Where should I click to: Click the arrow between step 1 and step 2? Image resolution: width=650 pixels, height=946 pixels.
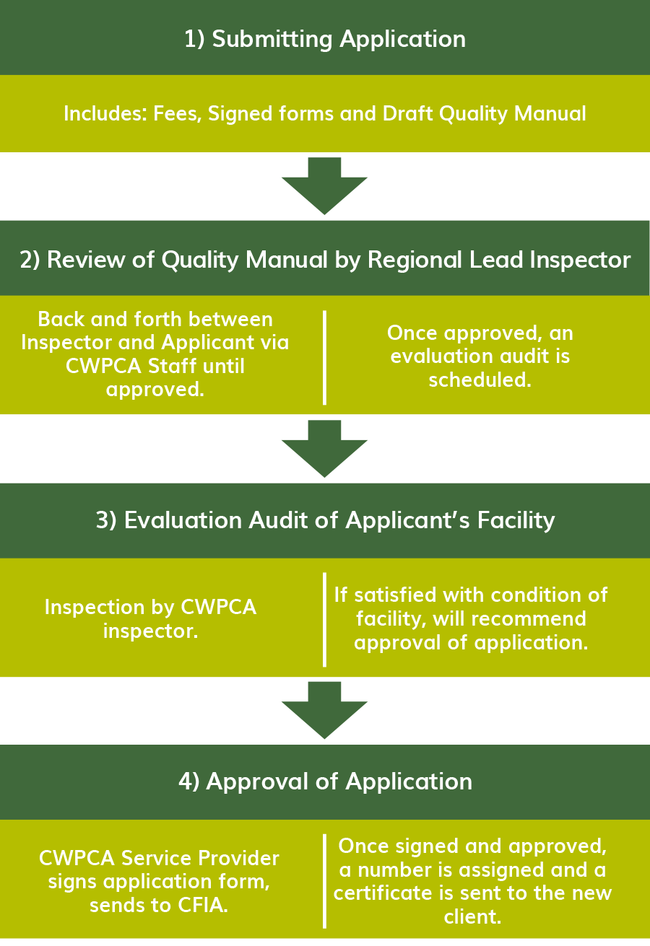pyautogui.click(x=324, y=186)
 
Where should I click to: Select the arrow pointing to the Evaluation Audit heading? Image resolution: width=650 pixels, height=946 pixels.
pyautogui.click(x=324, y=449)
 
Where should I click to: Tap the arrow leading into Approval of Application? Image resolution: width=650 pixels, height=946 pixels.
pyautogui.click(x=324, y=710)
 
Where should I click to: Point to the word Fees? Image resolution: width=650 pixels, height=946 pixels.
pyautogui.click(x=178, y=113)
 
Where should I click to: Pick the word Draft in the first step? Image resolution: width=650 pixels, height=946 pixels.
pyautogui.click(x=408, y=113)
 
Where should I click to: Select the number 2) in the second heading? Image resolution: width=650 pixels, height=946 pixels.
pyautogui.click(x=30, y=260)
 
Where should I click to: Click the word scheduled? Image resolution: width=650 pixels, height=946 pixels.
pyautogui.click(x=480, y=380)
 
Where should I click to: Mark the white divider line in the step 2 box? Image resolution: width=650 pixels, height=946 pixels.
pyautogui.click(x=324, y=358)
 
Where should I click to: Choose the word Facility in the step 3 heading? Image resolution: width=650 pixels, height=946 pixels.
pyautogui.click(x=516, y=520)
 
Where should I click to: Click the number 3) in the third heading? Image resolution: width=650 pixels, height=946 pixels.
pyautogui.click(x=106, y=520)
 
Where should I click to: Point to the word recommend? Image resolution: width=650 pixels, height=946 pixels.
pyautogui.click(x=528, y=618)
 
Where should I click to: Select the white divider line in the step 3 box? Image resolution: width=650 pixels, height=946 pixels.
pyautogui.click(x=324, y=620)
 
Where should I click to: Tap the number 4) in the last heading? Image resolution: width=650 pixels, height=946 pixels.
pyautogui.click(x=188, y=781)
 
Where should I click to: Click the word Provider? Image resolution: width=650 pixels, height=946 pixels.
pyautogui.click(x=238, y=858)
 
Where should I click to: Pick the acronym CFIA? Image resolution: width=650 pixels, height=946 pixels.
pyautogui.click(x=202, y=905)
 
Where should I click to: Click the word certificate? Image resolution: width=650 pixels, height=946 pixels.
pyautogui.click(x=393, y=893)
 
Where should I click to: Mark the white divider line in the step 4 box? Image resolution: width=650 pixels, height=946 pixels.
pyautogui.click(x=324, y=881)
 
